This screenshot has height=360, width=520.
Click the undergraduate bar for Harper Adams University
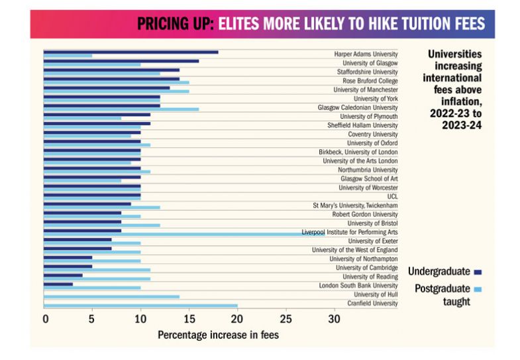click(130, 52)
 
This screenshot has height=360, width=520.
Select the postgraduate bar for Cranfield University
click(140, 306)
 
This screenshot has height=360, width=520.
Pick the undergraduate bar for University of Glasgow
click(121, 61)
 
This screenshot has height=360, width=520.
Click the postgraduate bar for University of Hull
click(111, 296)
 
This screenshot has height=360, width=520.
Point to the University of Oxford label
click(372, 143)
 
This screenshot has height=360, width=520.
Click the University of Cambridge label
click(366, 268)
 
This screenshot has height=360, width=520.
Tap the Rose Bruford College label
click(370, 81)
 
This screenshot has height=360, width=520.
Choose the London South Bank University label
click(358, 286)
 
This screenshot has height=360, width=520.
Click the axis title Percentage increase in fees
click(218, 335)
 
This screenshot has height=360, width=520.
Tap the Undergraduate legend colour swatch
click(478, 272)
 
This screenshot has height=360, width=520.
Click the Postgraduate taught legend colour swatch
click(478, 289)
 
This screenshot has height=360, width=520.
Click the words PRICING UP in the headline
click(174, 25)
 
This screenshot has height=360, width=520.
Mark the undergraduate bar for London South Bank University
click(58, 284)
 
